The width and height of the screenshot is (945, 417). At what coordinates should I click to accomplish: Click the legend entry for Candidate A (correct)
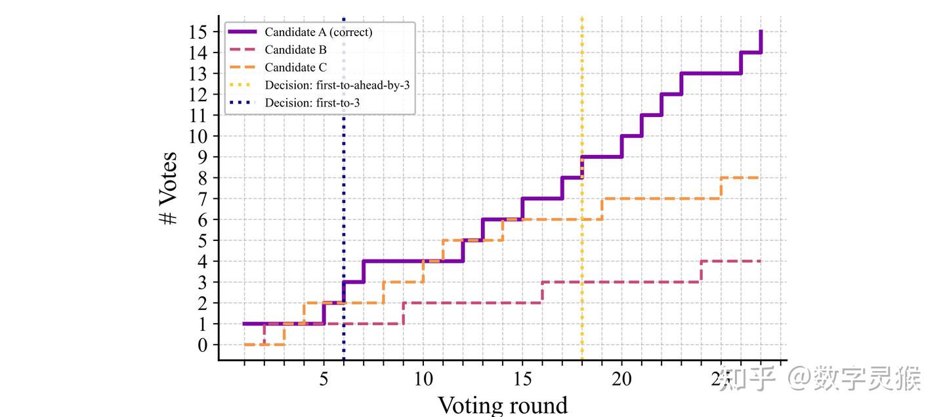[x=318, y=32]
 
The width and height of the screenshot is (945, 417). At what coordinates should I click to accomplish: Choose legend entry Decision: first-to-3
[x=312, y=102]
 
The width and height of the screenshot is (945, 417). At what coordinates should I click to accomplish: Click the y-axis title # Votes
[x=169, y=188]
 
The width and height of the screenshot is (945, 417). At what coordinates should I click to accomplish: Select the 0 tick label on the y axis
[x=203, y=345]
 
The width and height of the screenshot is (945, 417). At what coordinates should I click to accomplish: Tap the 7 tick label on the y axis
[x=203, y=198]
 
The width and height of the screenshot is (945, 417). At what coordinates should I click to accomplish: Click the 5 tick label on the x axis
[x=324, y=380]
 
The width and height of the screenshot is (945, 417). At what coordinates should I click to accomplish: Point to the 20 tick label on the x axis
[x=621, y=380]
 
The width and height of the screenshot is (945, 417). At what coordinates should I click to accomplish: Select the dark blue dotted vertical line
[x=343, y=197]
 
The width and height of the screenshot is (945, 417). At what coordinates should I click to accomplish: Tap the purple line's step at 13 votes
[x=711, y=73]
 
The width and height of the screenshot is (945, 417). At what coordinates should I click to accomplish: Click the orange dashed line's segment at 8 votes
[x=740, y=178]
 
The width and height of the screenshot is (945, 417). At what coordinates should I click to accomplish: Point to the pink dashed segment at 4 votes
[x=730, y=261]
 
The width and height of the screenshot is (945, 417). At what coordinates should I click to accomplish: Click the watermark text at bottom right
[x=820, y=379]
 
